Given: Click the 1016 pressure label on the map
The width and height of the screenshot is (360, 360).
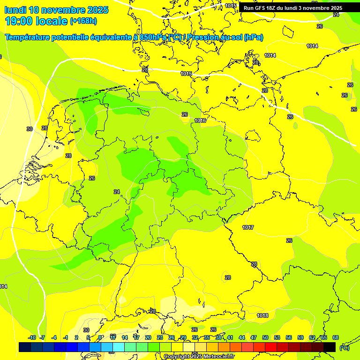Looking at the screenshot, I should pos(200,120).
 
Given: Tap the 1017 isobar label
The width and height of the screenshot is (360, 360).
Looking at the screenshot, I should pos(248,227).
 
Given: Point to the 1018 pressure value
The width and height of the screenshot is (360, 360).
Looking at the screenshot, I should pos(262,315).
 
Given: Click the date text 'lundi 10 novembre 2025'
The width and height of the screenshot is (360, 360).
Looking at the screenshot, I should pos(56,10).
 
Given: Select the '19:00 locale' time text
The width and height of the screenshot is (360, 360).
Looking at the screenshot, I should pos(36,21).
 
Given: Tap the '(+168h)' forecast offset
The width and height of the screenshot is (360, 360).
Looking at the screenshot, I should pos(83,21).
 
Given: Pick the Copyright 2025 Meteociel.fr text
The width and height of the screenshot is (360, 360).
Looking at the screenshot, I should pos(199,357).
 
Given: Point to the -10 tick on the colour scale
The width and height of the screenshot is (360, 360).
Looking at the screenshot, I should pos(32,337).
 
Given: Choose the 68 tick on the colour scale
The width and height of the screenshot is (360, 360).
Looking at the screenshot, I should pos(336,337).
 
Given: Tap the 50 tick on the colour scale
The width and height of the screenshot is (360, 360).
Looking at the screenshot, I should pos(265,337).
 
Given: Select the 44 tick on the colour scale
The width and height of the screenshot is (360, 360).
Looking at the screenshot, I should pos(242,337).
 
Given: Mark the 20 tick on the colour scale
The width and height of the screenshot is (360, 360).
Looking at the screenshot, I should pos(148,337).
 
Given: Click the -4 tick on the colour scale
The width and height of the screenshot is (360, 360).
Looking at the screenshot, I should pos(54,337).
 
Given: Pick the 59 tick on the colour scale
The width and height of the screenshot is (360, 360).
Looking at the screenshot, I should pos(300,337).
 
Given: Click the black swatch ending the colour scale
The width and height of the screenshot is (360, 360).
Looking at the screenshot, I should pos(330,347).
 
